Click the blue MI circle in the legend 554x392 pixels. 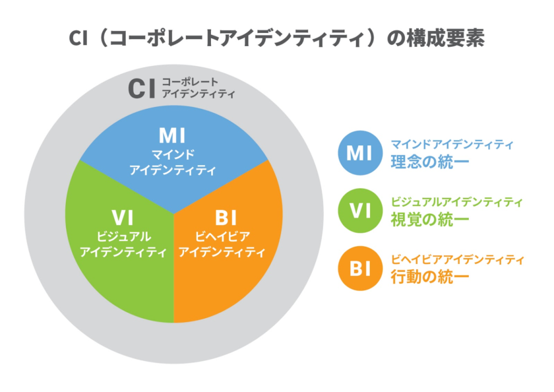[359, 153]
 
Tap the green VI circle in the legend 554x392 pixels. [359, 211]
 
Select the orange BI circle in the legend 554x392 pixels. [359, 269]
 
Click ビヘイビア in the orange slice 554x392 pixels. [223, 236]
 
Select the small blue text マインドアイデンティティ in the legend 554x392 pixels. [452, 144]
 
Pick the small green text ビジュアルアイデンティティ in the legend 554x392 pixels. [456, 202]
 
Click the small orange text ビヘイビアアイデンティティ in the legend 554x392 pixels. [456, 259]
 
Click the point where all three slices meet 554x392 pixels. [174, 214]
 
